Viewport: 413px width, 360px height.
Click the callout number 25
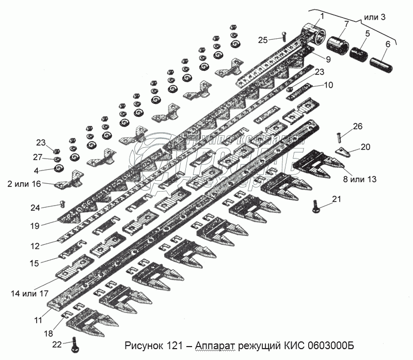263,40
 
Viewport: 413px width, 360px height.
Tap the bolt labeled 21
316,207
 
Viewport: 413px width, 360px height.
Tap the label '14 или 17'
29,293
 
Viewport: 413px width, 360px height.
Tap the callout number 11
38,320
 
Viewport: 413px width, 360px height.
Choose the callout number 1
322,15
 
